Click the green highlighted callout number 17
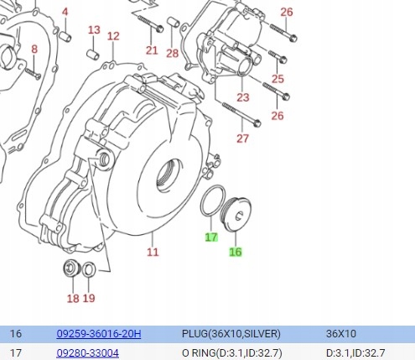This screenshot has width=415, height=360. (211, 237)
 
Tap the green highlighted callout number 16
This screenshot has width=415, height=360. (236, 252)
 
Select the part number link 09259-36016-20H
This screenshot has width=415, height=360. (99, 333)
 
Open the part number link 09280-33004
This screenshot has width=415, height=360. (87, 352)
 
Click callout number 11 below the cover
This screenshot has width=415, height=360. (153, 252)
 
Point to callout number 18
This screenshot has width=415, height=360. (73, 298)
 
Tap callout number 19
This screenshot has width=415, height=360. (89, 298)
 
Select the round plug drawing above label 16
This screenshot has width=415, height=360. (236, 214)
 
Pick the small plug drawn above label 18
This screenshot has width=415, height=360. (72, 269)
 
